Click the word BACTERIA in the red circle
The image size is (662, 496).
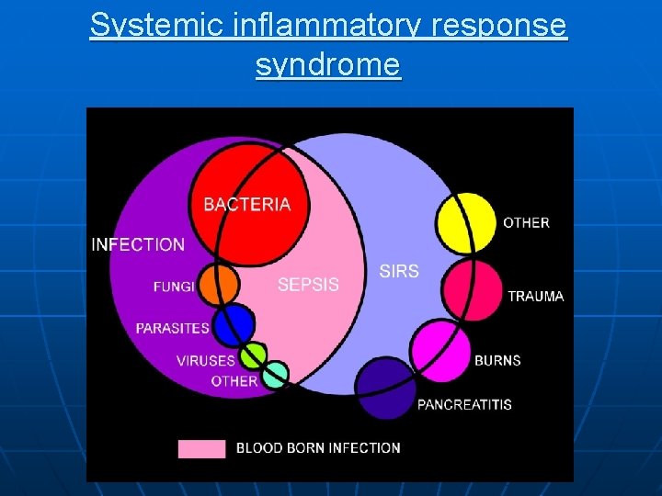(x=246, y=205)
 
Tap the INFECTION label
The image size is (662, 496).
(x=138, y=244)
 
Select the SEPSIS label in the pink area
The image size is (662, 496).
(x=308, y=285)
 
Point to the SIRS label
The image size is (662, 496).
(x=399, y=271)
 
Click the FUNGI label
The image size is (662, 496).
(x=174, y=287)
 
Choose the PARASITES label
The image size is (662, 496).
(x=172, y=328)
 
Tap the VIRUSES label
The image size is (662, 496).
(x=206, y=361)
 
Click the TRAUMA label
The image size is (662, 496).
(x=536, y=297)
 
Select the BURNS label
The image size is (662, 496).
(x=497, y=360)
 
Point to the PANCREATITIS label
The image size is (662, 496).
(x=464, y=404)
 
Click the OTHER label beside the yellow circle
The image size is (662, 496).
(x=526, y=222)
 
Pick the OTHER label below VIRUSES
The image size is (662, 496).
(x=234, y=380)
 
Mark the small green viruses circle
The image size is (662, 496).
(x=252, y=355)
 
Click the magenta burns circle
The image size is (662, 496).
(x=439, y=351)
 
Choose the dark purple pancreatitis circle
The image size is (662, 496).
(x=385, y=389)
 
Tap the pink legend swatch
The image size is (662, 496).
(x=201, y=448)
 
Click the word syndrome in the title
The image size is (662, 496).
(x=328, y=65)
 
